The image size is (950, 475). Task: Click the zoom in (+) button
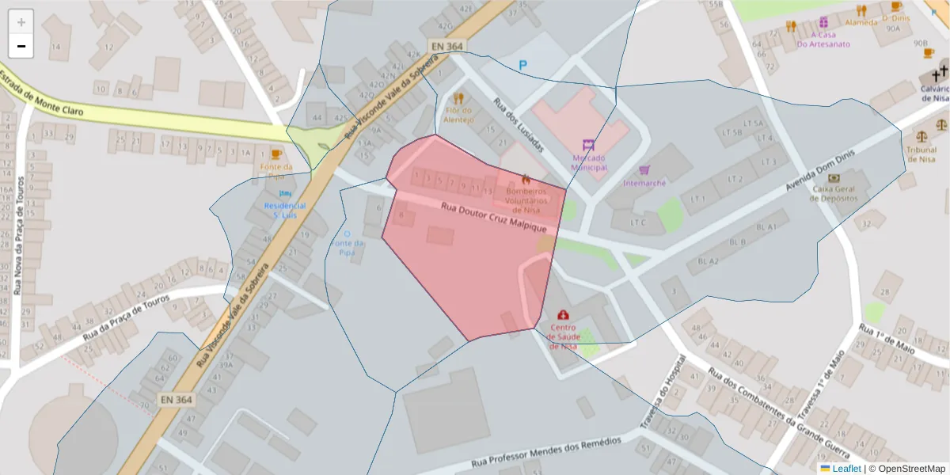pyautogui.click(x=21, y=22)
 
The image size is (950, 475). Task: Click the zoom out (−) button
pyautogui.click(x=21, y=46)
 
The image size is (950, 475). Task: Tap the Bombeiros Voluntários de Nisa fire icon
pyautogui.click(x=526, y=180)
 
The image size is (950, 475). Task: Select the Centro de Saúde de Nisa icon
pyautogui.click(x=563, y=315)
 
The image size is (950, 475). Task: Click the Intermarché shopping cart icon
pyautogui.click(x=644, y=170)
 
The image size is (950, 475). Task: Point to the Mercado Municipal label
pyautogui.click(x=589, y=162)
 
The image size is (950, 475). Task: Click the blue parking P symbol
pyautogui.click(x=522, y=65)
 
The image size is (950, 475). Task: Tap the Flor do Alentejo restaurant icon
pyautogui.click(x=458, y=99)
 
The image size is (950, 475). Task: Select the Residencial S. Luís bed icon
pyautogui.click(x=285, y=193)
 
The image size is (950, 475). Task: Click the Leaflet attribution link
pyautogui.click(x=846, y=469)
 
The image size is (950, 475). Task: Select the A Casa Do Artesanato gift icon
pyautogui.click(x=823, y=22)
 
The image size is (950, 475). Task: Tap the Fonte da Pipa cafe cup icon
pyautogui.click(x=275, y=154)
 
